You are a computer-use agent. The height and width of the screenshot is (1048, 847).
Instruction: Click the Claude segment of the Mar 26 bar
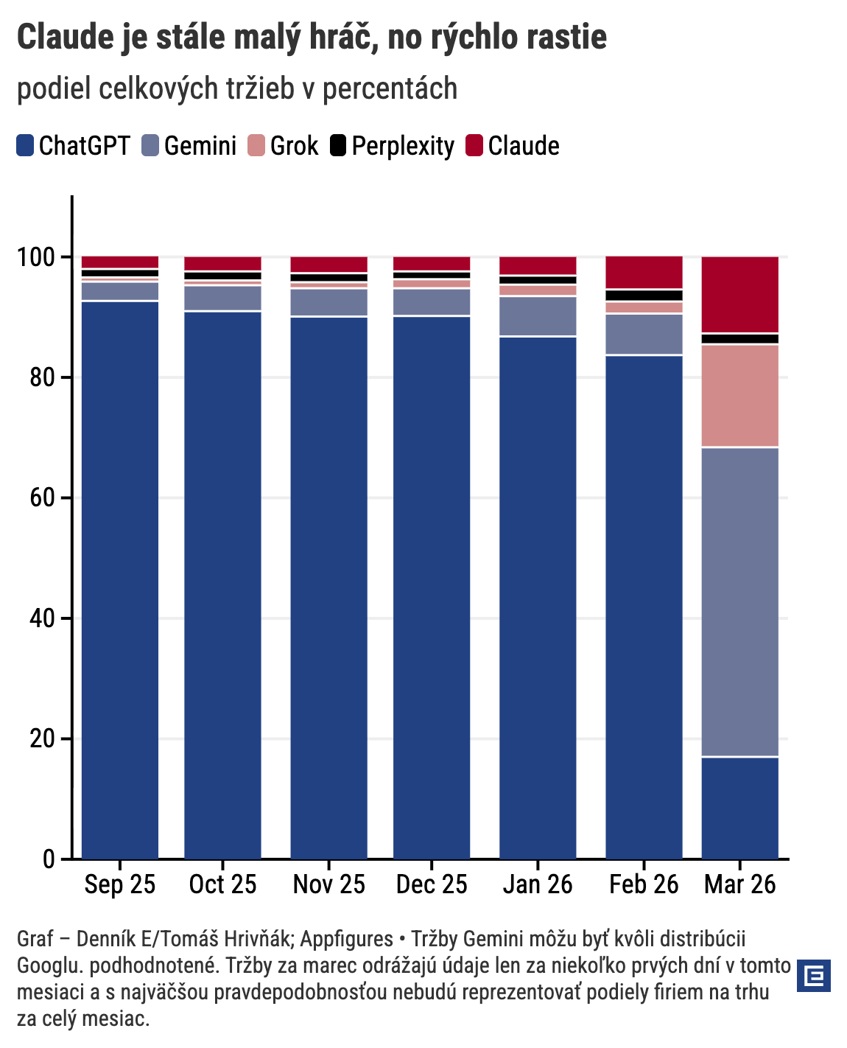click(739, 294)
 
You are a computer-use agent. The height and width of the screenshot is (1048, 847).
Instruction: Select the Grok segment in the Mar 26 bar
click(739, 396)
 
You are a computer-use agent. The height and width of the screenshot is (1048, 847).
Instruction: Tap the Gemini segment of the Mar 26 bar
click(739, 601)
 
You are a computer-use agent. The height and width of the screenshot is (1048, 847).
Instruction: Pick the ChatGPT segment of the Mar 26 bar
click(739, 808)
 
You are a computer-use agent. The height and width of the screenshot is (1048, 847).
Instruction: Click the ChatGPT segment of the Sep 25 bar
click(120, 579)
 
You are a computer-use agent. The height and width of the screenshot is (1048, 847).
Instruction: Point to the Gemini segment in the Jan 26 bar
click(538, 316)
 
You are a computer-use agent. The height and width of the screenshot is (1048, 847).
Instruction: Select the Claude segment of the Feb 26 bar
click(644, 273)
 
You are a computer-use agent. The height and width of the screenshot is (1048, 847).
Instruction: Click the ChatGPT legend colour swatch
click(25, 145)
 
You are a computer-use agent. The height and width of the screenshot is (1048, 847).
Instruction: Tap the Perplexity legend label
click(403, 146)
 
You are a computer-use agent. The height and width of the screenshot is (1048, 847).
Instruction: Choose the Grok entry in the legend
click(294, 146)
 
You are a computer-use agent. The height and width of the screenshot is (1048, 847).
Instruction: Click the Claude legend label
click(524, 146)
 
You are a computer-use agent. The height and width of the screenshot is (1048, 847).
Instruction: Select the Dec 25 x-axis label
click(432, 884)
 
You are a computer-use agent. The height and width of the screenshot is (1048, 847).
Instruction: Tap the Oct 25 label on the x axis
click(222, 884)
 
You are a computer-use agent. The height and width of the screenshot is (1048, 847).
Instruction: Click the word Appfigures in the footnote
click(347, 939)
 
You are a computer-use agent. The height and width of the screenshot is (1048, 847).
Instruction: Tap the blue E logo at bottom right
click(814, 976)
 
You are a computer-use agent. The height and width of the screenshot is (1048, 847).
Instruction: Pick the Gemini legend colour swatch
click(150, 145)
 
